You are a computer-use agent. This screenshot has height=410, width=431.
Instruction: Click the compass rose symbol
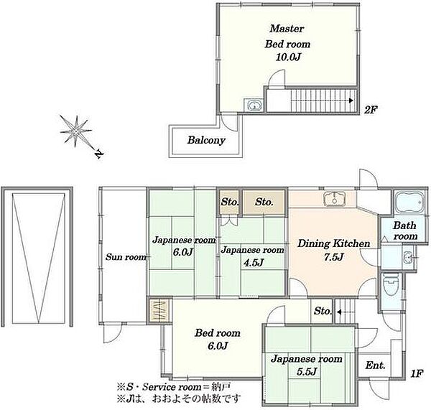pyautogui.click(x=76, y=131)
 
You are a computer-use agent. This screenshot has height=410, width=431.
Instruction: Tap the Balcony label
pyautogui.click(x=206, y=140)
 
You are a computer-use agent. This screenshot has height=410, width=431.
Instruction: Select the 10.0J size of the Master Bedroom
pyautogui.click(x=288, y=57)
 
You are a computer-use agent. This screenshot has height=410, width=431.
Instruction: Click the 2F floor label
pyautogui.click(x=370, y=110)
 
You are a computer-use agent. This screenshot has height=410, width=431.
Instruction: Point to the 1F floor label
pyautogui.click(x=417, y=373)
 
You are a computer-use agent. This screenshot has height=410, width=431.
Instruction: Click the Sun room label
pyautogui.click(x=126, y=257)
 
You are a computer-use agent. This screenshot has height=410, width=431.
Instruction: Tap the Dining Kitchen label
pyautogui.click(x=334, y=243)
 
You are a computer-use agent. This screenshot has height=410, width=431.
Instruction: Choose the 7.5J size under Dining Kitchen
pyautogui.click(x=334, y=257)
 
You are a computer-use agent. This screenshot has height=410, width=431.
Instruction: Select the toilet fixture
pyautogui.click(x=390, y=284)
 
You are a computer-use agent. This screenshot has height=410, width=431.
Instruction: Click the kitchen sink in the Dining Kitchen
pyautogui.click(x=334, y=198)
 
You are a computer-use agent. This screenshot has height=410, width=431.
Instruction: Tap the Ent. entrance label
pyautogui.click(x=375, y=365)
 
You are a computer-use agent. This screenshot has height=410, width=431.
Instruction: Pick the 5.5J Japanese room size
pyautogui.click(x=307, y=372)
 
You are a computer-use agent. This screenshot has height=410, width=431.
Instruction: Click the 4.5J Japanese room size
pyautogui.click(x=254, y=263)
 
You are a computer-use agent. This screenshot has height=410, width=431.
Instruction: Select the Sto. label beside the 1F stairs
pyautogui.click(x=323, y=311)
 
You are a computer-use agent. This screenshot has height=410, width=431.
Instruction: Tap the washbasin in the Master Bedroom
pyautogui.click(x=254, y=105)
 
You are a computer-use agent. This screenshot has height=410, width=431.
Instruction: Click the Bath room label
pyautogui.click(x=405, y=230)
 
